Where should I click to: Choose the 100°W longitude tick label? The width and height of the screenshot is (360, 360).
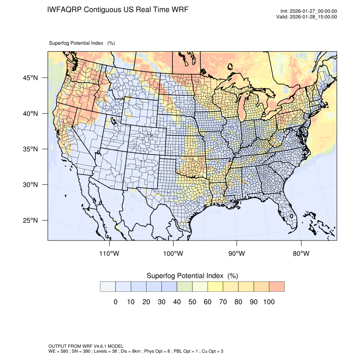(x=173, y=254)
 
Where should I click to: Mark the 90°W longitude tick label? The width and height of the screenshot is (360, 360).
(x=237, y=254)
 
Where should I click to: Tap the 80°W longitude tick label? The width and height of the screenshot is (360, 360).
(x=301, y=254)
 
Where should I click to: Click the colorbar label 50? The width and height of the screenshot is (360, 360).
(x=192, y=302)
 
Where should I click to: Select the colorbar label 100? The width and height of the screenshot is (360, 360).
(x=269, y=302)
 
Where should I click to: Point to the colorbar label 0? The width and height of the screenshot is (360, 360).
(x=116, y=302)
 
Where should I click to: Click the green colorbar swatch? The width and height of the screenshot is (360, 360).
(x=185, y=287)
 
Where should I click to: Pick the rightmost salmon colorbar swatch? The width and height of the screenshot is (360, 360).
(x=277, y=287)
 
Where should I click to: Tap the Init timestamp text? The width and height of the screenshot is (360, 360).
(x=309, y=11)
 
